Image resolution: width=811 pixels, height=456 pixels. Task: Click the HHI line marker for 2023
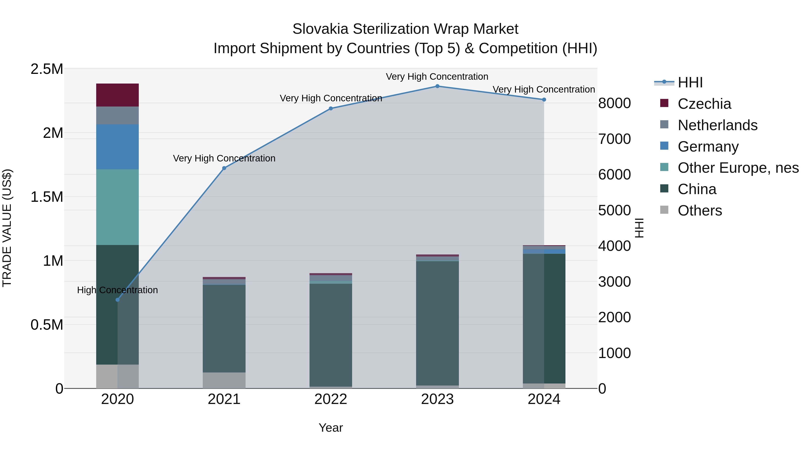click(x=437, y=86)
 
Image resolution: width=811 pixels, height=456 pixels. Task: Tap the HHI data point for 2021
click(x=224, y=168)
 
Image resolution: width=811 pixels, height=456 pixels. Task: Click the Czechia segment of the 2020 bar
click(x=117, y=95)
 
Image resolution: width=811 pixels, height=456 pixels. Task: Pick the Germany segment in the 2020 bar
click(x=117, y=147)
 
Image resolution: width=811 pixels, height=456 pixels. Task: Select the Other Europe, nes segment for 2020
click(x=117, y=207)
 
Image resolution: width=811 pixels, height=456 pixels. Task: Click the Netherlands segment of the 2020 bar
click(x=117, y=116)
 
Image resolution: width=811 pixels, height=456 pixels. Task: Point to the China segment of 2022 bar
click(x=330, y=335)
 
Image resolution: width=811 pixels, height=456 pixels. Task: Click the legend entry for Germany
click(x=708, y=147)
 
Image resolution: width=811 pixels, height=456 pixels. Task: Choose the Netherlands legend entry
click(x=718, y=125)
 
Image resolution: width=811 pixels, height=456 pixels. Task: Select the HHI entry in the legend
click(x=690, y=82)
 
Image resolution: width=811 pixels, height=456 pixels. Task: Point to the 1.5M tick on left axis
click(x=47, y=197)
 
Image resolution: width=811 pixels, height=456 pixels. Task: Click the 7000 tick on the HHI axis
click(x=615, y=139)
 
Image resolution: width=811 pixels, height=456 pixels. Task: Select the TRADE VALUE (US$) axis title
click(x=7, y=228)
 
